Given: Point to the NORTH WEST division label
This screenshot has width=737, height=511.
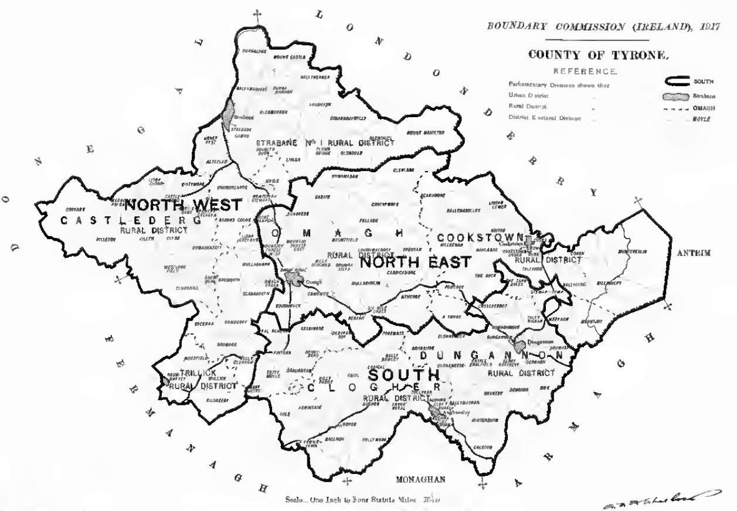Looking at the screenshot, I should [183, 206].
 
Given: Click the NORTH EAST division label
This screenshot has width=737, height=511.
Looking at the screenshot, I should [415, 263].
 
